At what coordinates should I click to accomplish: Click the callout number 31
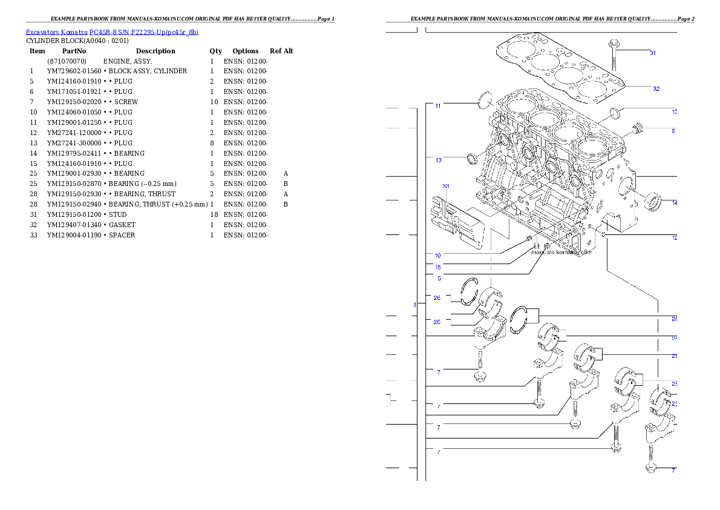653,53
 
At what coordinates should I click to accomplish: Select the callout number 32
656,88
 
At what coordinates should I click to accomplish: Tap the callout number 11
437,105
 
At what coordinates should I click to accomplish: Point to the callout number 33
446,186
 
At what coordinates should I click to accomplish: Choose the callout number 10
437,255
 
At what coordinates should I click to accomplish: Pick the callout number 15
437,267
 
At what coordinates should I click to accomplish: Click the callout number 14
675,202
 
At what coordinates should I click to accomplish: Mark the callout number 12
675,238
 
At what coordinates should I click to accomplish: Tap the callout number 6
673,130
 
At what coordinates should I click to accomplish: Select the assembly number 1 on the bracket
414,305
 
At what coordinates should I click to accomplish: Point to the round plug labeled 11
486,101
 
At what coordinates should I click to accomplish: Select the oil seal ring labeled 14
653,202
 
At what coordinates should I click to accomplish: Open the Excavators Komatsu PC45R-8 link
112,32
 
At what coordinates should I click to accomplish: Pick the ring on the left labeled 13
472,159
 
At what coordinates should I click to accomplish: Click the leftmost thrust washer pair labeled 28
468,291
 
